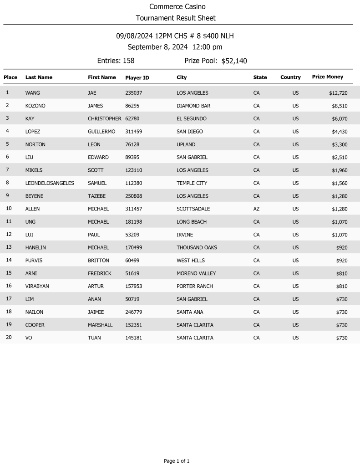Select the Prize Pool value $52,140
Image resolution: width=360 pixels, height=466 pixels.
pos(234,61)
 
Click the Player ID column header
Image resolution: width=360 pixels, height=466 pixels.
pos(137,78)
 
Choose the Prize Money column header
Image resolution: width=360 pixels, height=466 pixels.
pos(327,77)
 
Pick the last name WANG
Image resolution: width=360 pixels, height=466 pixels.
pos(33,93)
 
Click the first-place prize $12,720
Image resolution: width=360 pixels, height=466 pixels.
pos(338,93)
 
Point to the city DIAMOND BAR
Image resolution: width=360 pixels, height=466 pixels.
pos(193,106)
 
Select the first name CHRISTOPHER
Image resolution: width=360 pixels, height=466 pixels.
pos(104,119)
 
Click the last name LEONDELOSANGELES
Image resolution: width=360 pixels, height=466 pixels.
pos(50,183)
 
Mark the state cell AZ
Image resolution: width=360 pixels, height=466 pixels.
pos(256,209)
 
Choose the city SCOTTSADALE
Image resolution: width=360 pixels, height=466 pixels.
pos(193,209)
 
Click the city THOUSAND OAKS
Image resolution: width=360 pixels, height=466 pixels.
pos(197,248)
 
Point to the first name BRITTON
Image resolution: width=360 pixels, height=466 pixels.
pos(98,261)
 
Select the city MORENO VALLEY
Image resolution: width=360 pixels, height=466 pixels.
pos(196,273)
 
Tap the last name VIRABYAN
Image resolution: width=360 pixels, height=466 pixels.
pos(36,287)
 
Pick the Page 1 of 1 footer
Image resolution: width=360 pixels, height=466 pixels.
pos(177,461)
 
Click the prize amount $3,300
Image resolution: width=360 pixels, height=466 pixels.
pos(340,144)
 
